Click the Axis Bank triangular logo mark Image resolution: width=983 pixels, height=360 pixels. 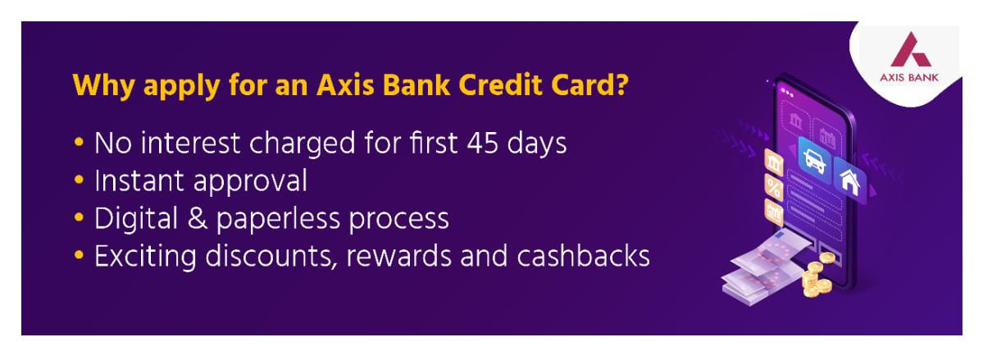tap(910, 49)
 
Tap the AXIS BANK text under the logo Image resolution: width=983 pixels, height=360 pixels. tap(910, 78)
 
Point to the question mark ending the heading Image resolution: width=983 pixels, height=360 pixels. tap(620, 85)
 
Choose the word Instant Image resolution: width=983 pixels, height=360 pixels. tap(140, 180)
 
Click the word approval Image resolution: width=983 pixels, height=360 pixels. tap(250, 183)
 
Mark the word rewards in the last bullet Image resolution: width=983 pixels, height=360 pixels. tap(398, 257)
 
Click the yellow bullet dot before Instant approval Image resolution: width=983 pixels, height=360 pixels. tap(79, 180)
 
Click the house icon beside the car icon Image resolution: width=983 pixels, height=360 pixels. tap(850, 180)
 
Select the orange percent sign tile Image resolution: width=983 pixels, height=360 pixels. tap(774, 188)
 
